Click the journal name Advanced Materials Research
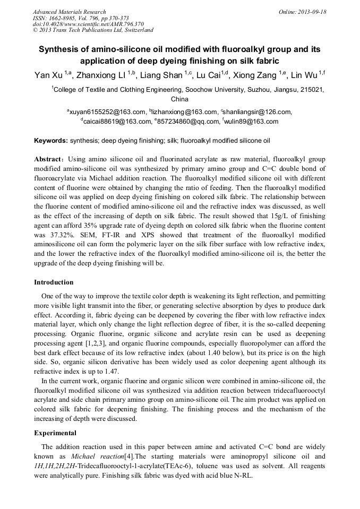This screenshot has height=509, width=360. pyautogui.click(x=69, y=12)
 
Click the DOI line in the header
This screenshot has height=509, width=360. pyautogui.click(x=88, y=24)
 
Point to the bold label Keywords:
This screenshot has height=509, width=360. pyautogui.click(x=51, y=141)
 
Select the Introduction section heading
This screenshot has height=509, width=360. pyautogui.click(x=54, y=282)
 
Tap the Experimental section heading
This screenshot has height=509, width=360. pyautogui.click(x=55, y=433)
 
